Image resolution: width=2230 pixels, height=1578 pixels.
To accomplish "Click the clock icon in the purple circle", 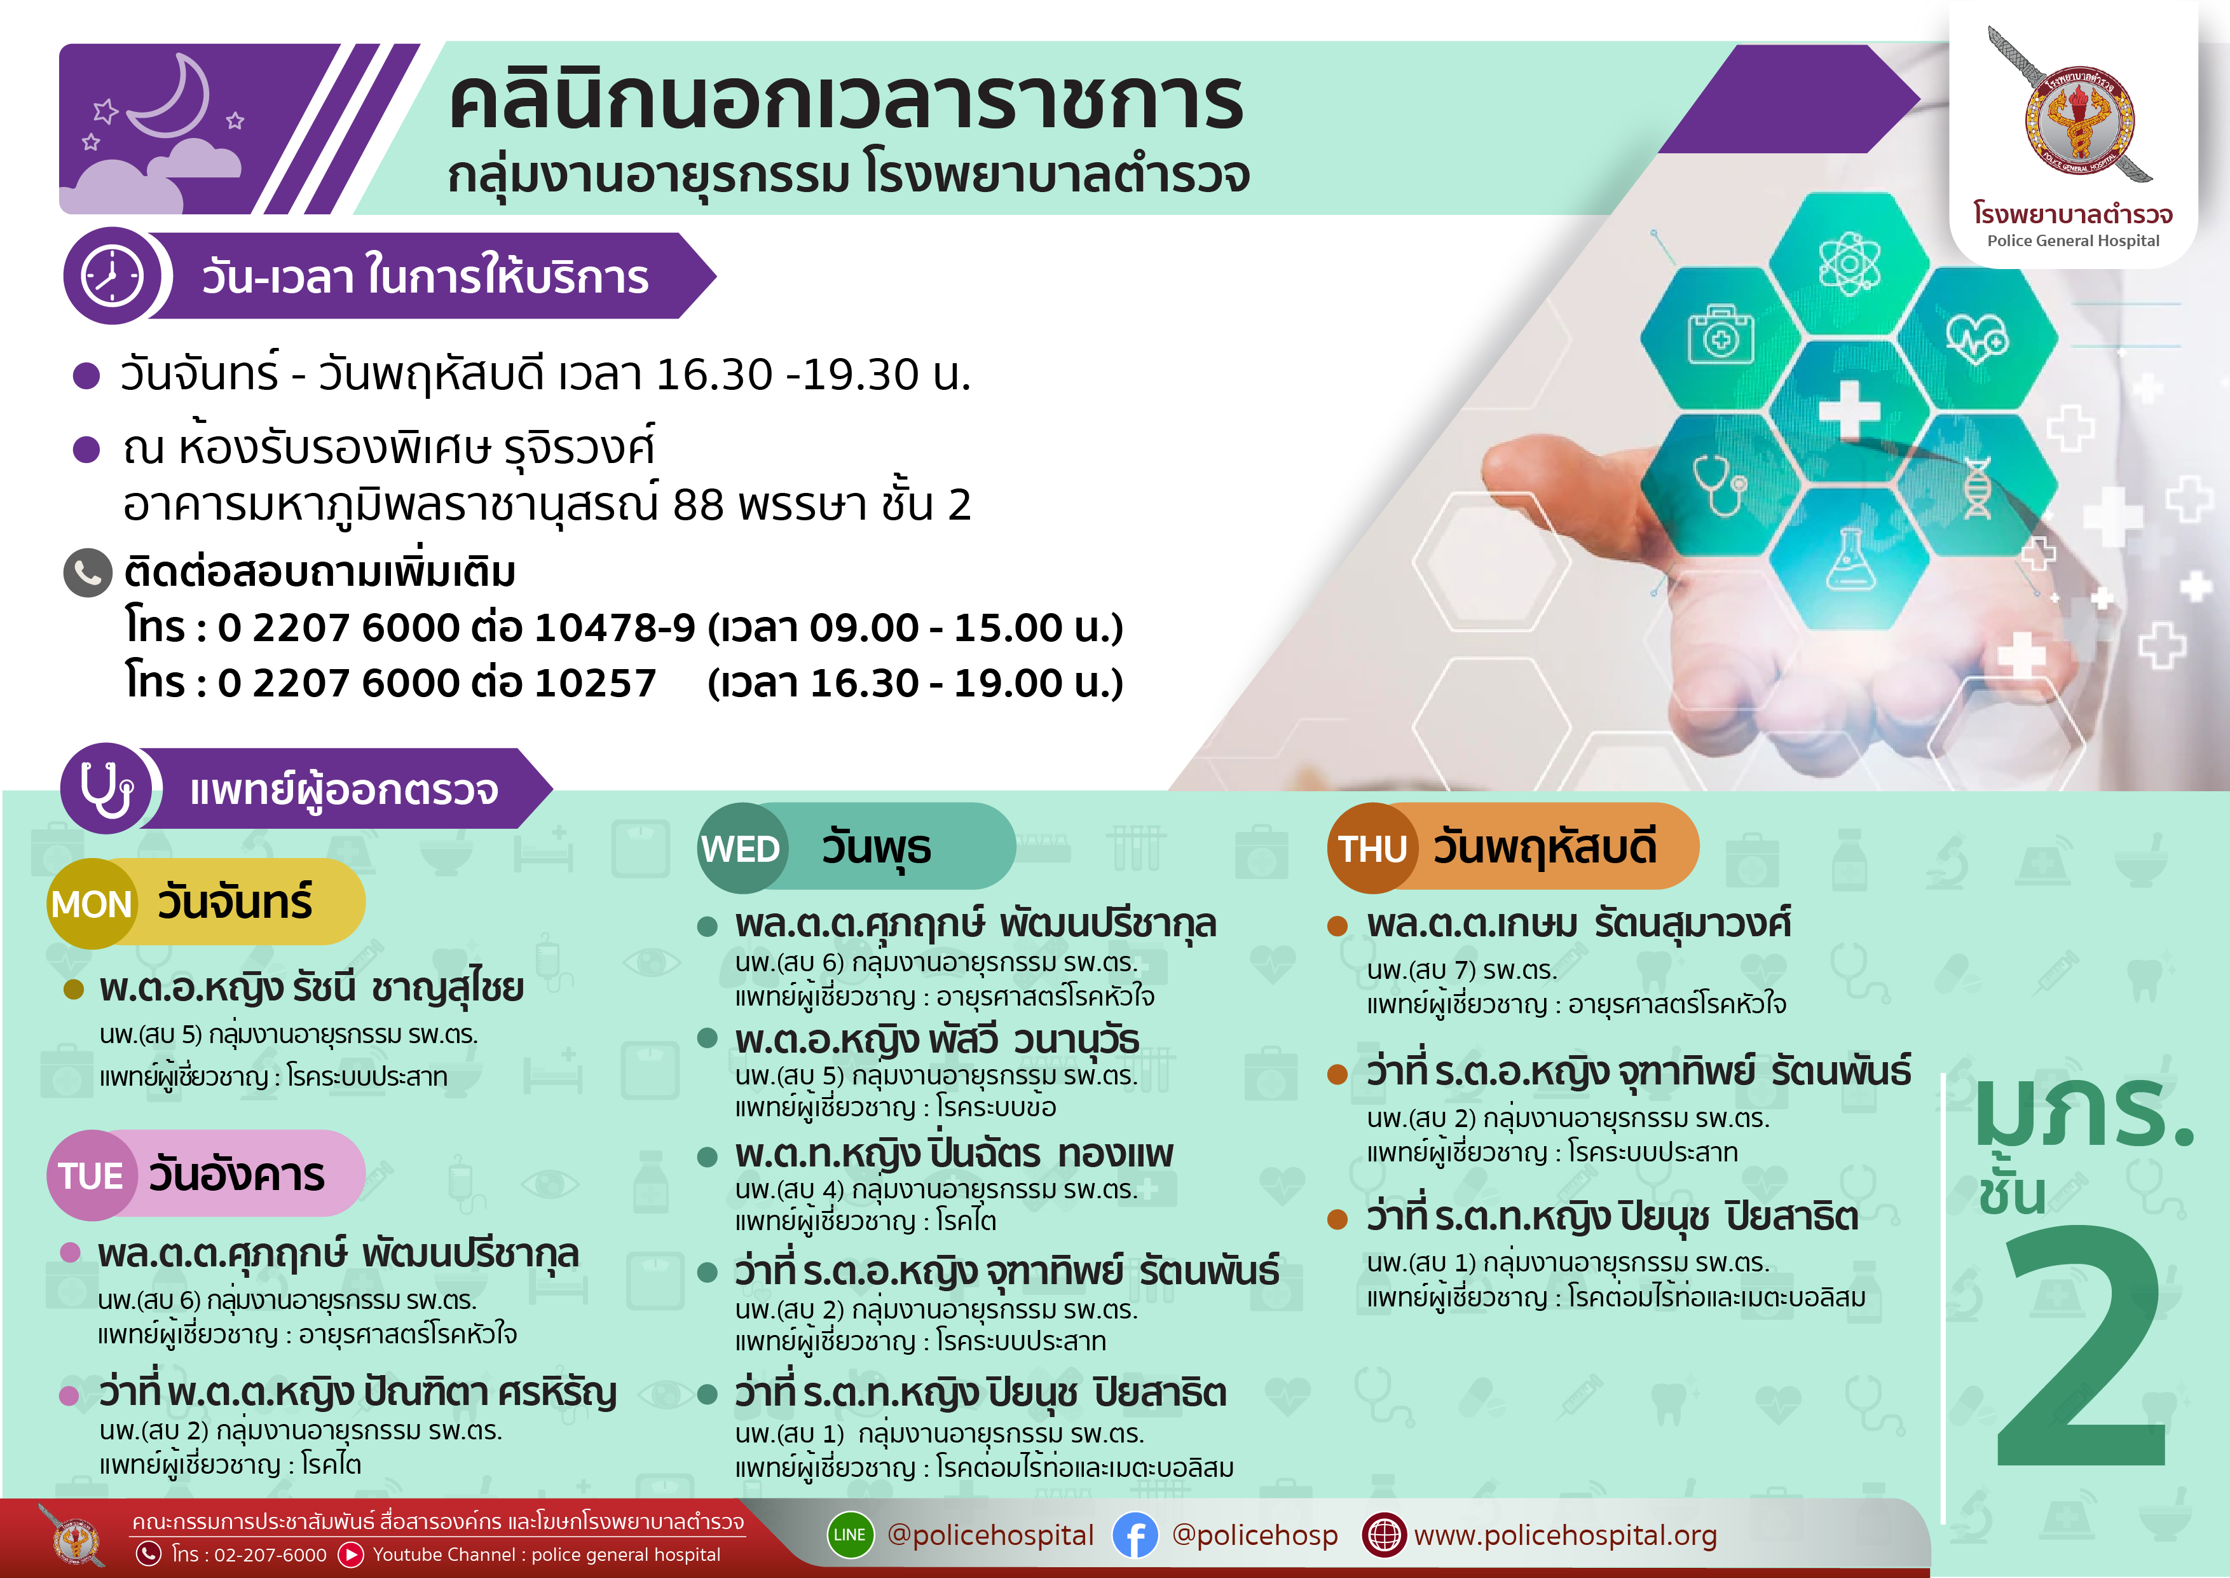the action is [x=113, y=276].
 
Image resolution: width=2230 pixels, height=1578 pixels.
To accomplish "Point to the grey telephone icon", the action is [x=88, y=573].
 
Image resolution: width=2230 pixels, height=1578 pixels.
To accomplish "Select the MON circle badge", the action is [x=92, y=904].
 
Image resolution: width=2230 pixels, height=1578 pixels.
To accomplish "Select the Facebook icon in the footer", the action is [x=1135, y=1535].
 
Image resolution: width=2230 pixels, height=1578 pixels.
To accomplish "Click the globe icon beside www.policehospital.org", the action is [x=1384, y=1535].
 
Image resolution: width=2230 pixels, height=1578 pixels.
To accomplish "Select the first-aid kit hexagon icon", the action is [x=1721, y=336].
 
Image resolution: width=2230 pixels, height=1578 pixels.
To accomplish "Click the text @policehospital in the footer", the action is [x=990, y=1535].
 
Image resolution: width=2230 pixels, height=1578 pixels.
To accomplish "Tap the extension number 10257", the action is [x=596, y=682].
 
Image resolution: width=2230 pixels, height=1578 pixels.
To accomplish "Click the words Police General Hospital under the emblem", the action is [x=2072, y=241].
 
